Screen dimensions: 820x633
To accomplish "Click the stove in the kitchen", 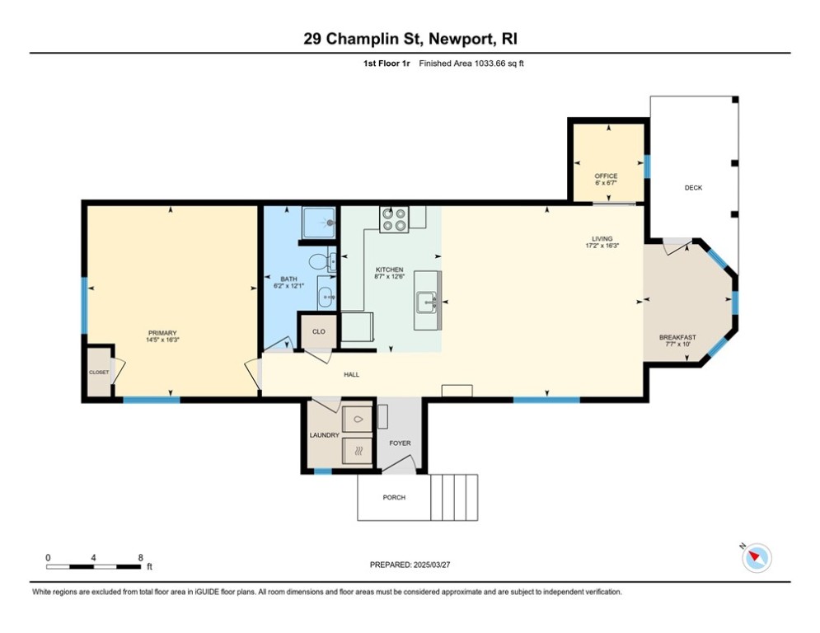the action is pos(394,219).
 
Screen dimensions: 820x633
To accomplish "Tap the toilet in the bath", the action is pos(322,260).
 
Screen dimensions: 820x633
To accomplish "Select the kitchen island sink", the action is pos(427,302).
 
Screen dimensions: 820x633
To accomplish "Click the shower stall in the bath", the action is pos(318,223).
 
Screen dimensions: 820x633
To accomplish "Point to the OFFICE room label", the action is pos(606,176).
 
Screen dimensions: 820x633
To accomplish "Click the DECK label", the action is pos(693,188).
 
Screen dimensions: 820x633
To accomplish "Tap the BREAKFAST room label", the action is pos(677,337).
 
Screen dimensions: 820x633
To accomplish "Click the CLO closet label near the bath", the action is pos(318,331).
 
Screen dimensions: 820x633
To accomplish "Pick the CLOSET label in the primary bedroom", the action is pos(99,373).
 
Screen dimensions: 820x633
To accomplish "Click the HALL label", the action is pos(351,374).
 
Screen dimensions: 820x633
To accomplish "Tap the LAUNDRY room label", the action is pos(324,435).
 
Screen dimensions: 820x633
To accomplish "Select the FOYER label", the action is pos(400,443).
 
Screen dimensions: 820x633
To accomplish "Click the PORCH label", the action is pos(394,498).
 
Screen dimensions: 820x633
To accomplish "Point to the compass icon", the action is pos(757,558).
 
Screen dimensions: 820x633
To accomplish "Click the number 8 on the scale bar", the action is pos(141,558).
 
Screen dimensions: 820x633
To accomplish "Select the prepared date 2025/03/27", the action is pos(432,565).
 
